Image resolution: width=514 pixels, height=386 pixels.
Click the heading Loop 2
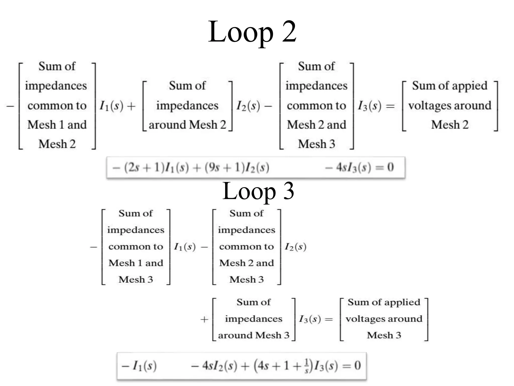(x=252, y=32)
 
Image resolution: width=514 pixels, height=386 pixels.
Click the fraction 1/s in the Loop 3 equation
(x=306, y=366)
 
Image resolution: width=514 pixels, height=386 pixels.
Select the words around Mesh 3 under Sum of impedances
(x=253, y=335)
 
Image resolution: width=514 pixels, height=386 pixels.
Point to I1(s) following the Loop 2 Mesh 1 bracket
(x=111, y=106)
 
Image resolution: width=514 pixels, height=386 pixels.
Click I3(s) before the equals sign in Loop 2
(x=369, y=106)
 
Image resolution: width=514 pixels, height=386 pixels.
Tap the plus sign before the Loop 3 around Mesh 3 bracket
(x=204, y=319)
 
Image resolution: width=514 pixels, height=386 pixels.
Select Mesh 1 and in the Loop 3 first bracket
(x=136, y=263)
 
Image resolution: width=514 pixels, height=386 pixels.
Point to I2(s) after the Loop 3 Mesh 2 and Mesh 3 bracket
(x=295, y=247)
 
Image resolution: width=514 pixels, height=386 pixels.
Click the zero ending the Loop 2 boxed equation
(x=390, y=167)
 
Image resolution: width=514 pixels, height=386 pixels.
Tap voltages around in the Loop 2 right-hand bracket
(x=449, y=106)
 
